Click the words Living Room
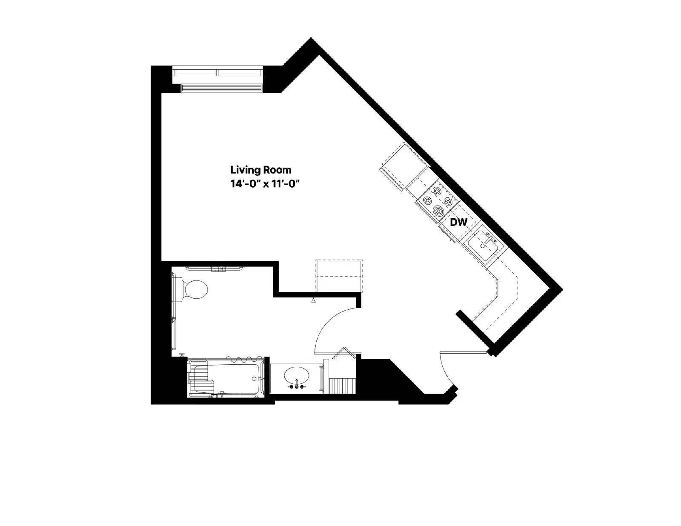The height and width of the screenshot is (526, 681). pyautogui.click(x=260, y=170)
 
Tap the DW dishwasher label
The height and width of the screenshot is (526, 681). pyautogui.click(x=458, y=222)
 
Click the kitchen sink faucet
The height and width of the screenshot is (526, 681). pyautogui.click(x=489, y=236)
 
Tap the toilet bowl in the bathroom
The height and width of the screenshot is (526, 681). pyautogui.click(x=195, y=289)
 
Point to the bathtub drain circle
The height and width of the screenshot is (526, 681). pyautogui.click(x=254, y=378)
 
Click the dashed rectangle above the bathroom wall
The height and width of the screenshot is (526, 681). pyautogui.click(x=339, y=276)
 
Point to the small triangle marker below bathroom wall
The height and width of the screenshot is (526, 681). pyautogui.click(x=314, y=300)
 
